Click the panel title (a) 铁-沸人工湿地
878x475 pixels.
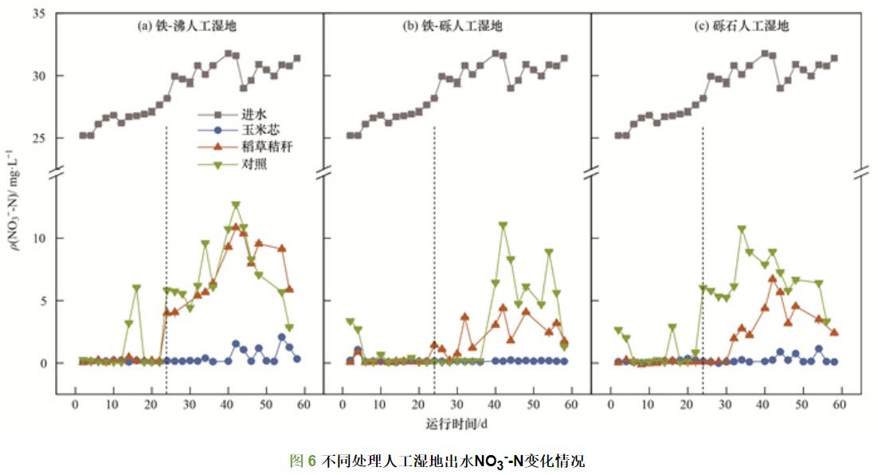[188, 26]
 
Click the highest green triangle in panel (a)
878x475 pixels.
[236, 206]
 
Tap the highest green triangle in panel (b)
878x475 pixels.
[503, 226]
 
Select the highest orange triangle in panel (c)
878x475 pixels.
[772, 278]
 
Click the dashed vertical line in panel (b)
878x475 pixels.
[433, 239]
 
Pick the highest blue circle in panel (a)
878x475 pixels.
[282, 336]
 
